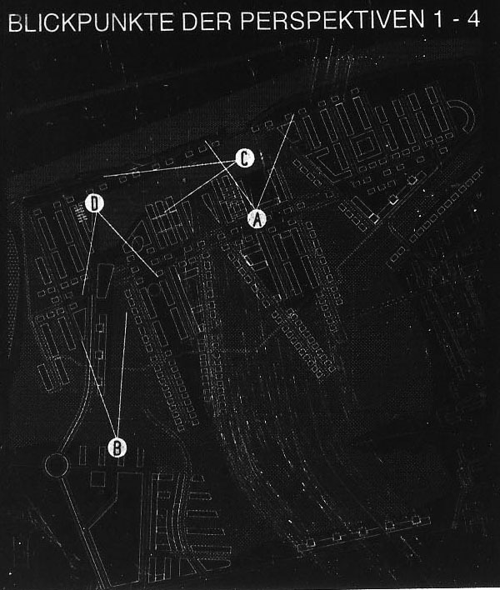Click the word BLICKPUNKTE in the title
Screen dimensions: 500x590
click(90, 22)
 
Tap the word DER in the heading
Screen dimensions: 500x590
click(207, 22)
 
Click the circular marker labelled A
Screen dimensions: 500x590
click(257, 219)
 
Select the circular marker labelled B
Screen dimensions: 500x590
click(117, 447)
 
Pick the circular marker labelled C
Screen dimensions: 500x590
click(244, 158)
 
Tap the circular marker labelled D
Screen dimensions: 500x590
click(94, 203)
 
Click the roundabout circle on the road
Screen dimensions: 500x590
click(57, 466)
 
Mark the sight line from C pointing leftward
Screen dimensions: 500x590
click(169, 168)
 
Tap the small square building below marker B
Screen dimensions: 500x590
click(97, 479)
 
